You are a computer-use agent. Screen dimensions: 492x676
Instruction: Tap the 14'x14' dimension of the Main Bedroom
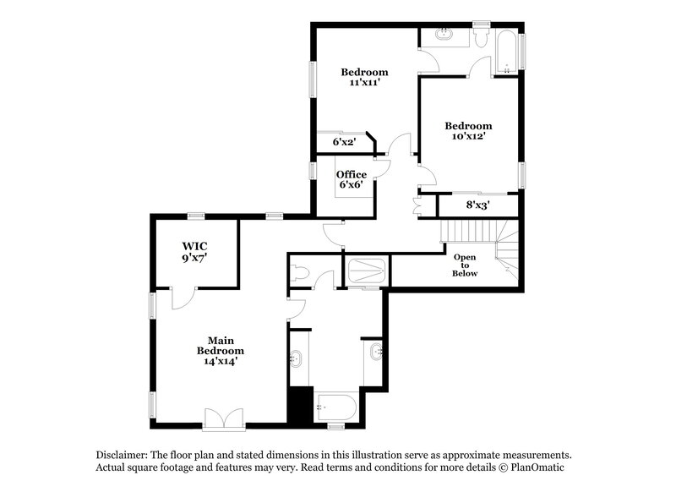pos(220,361)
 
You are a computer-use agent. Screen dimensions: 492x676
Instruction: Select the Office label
pos(352,175)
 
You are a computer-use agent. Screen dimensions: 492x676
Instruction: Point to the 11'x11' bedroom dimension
pos(364,83)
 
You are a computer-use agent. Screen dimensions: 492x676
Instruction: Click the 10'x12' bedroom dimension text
pos(469,136)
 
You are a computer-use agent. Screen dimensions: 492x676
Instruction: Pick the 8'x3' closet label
pos(478,205)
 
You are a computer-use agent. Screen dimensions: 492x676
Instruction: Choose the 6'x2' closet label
pos(344,142)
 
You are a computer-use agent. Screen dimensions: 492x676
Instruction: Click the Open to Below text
pos(465,265)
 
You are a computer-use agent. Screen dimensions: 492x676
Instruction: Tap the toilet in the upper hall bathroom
pos(479,37)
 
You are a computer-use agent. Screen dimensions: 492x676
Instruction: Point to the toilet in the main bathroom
pos(300,272)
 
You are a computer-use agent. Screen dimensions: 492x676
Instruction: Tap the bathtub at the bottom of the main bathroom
pos(337,407)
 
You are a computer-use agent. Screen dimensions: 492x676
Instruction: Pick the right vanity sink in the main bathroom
pos(374,350)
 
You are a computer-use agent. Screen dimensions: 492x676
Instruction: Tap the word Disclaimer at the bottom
pos(122,454)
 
